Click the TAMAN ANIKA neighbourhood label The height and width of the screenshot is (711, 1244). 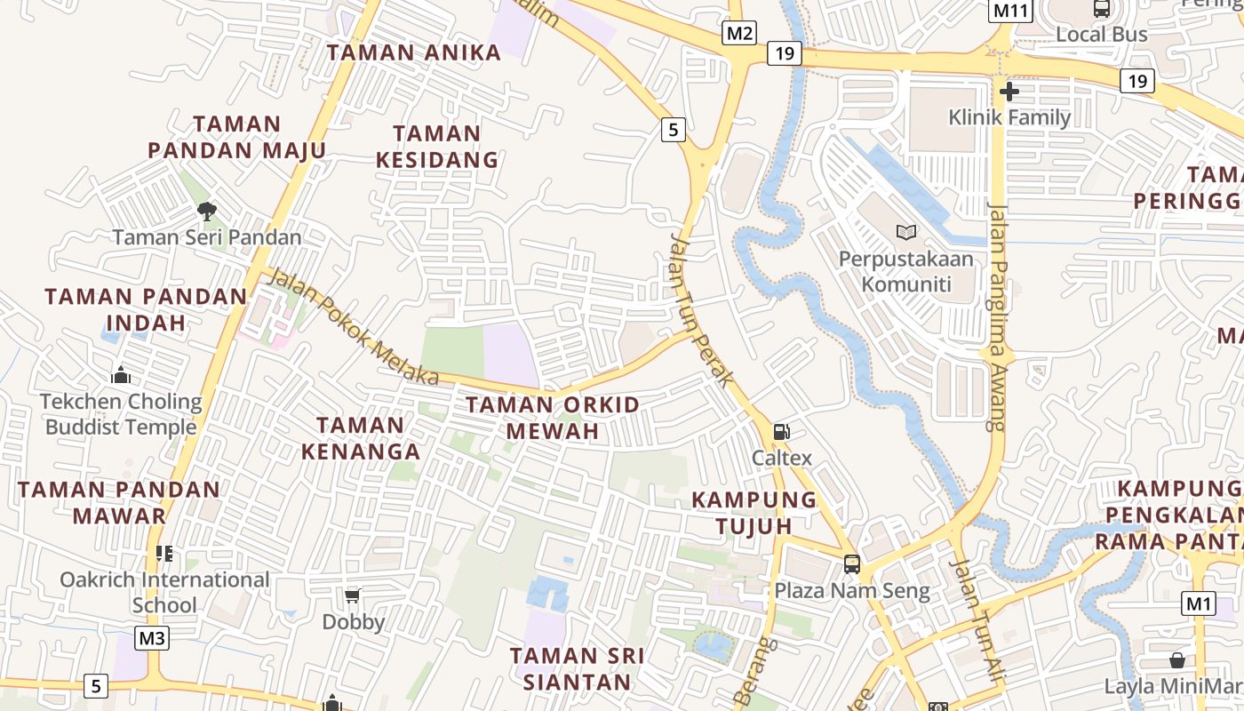point(414,52)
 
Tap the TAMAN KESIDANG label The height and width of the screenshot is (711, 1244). point(436,147)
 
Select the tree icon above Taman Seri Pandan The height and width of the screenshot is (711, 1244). point(206,212)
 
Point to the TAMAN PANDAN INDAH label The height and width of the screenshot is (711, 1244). point(146,308)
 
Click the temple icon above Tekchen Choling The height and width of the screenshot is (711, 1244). point(121,376)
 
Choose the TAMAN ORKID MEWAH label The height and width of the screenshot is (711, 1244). point(553,418)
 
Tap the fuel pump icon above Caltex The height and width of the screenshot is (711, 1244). point(782,432)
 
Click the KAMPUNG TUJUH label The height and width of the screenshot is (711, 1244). point(754,512)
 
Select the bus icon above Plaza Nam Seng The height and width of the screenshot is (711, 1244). point(851,563)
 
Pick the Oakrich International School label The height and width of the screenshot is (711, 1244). point(164,592)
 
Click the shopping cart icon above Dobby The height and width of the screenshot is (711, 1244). point(353,595)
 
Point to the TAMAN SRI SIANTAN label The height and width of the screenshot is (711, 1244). point(578,668)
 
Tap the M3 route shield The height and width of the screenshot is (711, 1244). point(152,638)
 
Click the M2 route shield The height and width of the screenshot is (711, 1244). point(738,34)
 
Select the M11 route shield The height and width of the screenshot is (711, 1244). point(1010,11)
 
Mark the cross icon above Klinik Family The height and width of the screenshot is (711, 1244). point(1009,91)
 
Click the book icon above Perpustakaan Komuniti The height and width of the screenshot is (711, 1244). point(905,233)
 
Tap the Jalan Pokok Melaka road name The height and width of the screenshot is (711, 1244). point(353,326)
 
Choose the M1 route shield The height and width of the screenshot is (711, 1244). point(1199,604)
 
